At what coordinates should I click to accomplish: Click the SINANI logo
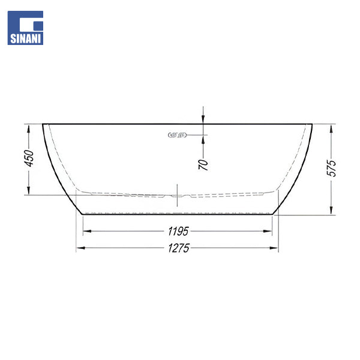[25, 28]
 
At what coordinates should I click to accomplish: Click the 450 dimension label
[29, 158]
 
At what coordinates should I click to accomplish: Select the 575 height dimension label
[331, 168]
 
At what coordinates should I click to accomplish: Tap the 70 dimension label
[203, 164]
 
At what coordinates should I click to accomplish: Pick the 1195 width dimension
[178, 231]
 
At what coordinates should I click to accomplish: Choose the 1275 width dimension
[179, 248]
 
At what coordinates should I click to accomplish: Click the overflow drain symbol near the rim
[177, 135]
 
